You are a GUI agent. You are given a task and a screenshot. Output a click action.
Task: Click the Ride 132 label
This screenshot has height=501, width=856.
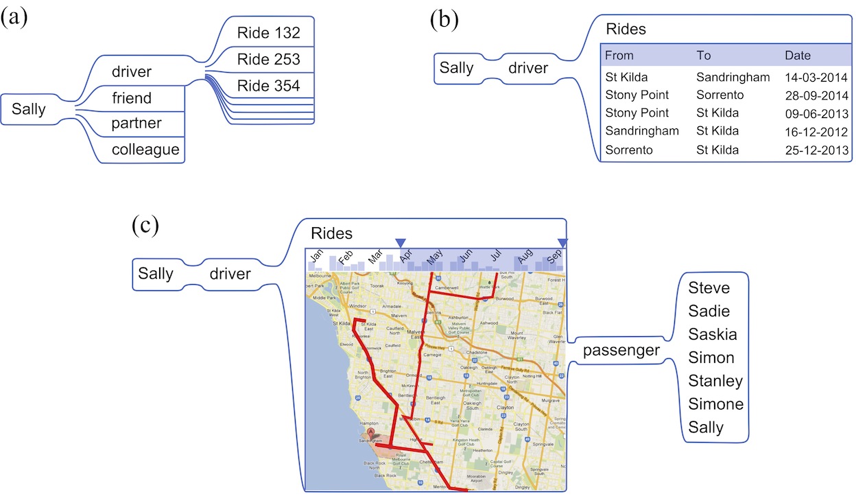coord(269,33)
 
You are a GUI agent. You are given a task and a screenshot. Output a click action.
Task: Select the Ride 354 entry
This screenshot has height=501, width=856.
coord(269,86)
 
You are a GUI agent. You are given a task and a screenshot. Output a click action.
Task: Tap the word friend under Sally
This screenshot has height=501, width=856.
coord(132,98)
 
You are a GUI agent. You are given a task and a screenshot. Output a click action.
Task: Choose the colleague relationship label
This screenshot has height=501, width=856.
coord(145,150)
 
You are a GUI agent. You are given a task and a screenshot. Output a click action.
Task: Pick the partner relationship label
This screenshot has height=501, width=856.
coord(136,124)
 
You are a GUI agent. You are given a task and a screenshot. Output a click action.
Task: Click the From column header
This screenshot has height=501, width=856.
coord(619,56)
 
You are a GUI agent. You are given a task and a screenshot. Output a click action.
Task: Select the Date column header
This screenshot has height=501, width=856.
coord(798,56)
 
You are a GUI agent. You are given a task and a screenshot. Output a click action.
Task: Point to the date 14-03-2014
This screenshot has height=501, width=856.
coord(817,78)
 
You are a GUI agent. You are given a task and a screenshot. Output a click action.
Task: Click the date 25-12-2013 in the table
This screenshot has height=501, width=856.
coord(817,150)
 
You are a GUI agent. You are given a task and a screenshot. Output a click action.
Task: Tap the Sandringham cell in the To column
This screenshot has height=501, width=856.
coord(733,78)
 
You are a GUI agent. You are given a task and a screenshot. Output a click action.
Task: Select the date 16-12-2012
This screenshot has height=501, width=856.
coord(817,131)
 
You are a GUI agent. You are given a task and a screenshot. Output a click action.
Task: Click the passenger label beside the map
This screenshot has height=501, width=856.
coord(621,351)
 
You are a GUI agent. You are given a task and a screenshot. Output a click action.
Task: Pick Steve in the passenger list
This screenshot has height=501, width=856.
coord(709,288)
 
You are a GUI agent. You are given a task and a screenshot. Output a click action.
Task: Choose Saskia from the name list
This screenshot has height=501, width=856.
coord(713,334)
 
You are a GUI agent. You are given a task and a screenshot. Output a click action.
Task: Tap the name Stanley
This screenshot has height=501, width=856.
coord(715,381)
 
